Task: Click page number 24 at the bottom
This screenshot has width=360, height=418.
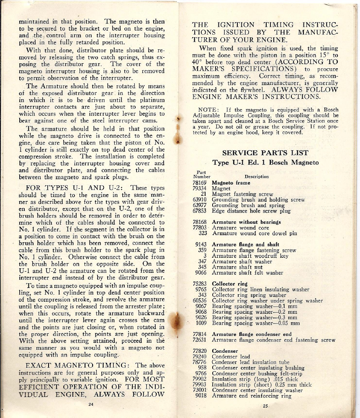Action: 91,404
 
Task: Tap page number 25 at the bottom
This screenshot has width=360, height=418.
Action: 265,406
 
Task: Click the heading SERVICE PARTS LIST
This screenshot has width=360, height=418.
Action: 265,153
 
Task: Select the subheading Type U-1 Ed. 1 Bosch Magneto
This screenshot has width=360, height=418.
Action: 265,162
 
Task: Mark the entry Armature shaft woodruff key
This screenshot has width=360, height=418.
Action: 250,256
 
